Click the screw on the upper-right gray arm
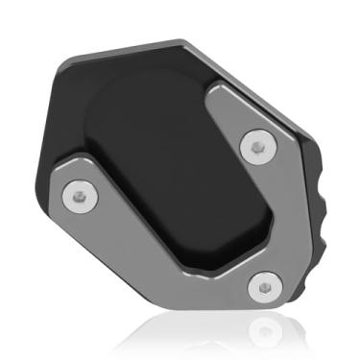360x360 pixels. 255,147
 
